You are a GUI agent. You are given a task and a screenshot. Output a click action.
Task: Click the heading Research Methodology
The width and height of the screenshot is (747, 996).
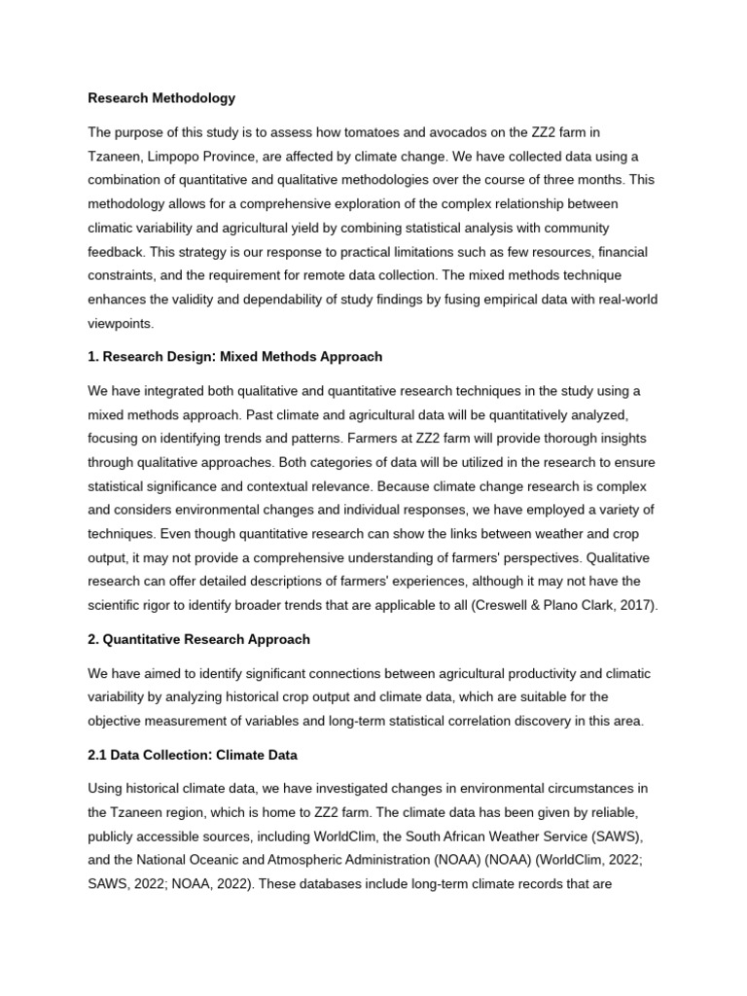[x=161, y=98]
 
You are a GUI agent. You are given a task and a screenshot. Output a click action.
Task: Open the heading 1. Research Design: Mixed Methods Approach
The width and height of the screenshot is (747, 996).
[x=234, y=357]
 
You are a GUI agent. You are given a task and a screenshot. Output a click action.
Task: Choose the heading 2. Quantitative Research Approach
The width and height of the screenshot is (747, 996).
[x=198, y=639]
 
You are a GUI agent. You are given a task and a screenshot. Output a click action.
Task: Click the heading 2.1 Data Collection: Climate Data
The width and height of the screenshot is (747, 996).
[x=193, y=754]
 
